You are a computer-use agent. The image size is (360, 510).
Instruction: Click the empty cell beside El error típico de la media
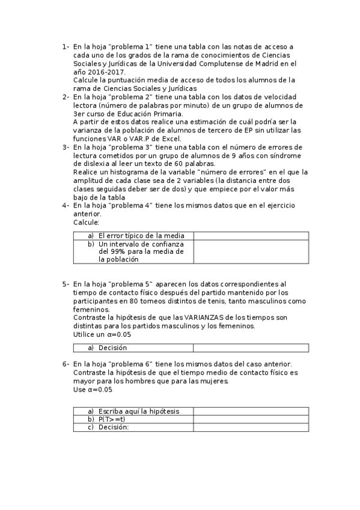pyautogui.click(x=251, y=236)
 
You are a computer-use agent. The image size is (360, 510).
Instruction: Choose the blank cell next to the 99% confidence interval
pyautogui.click(x=251, y=251)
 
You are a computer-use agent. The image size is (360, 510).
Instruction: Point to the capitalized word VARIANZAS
pyautogui.click(x=205, y=318)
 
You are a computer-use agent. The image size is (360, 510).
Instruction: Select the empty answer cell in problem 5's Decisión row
pyautogui.click(x=251, y=348)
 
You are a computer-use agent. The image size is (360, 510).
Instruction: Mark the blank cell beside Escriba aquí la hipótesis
pyautogui.click(x=251, y=411)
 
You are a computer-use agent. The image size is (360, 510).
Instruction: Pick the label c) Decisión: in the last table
pyautogui.click(x=114, y=427)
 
